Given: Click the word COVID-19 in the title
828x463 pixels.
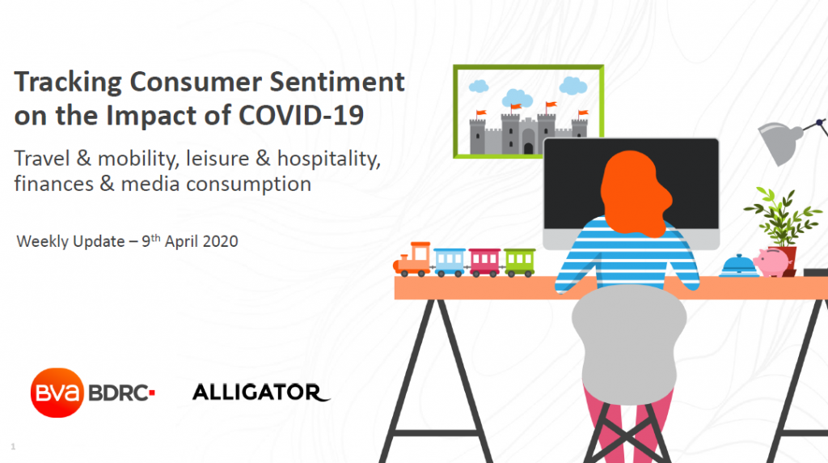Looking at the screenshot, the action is click(301, 115).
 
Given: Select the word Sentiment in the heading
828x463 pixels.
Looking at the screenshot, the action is click(337, 82).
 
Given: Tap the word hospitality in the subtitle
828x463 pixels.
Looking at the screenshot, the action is click(328, 159).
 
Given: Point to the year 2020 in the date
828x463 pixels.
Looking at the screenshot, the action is click(220, 241).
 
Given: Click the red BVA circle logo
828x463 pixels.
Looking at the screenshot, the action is click(57, 393).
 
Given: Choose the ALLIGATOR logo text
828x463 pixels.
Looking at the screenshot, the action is click(261, 393).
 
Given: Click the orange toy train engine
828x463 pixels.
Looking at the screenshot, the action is click(412, 260).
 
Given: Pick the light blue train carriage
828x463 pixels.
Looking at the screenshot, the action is click(450, 262).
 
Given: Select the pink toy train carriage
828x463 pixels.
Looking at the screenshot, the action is click(484, 262).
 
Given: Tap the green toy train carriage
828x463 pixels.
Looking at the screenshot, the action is click(520, 262).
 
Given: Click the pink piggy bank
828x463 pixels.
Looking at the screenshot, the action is click(771, 261).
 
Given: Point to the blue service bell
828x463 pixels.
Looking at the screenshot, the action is click(738, 265).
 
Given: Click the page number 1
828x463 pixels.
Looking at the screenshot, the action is click(13, 447).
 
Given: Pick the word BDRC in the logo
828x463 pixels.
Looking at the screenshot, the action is click(118, 393).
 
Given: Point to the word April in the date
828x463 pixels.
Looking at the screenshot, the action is click(182, 241).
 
